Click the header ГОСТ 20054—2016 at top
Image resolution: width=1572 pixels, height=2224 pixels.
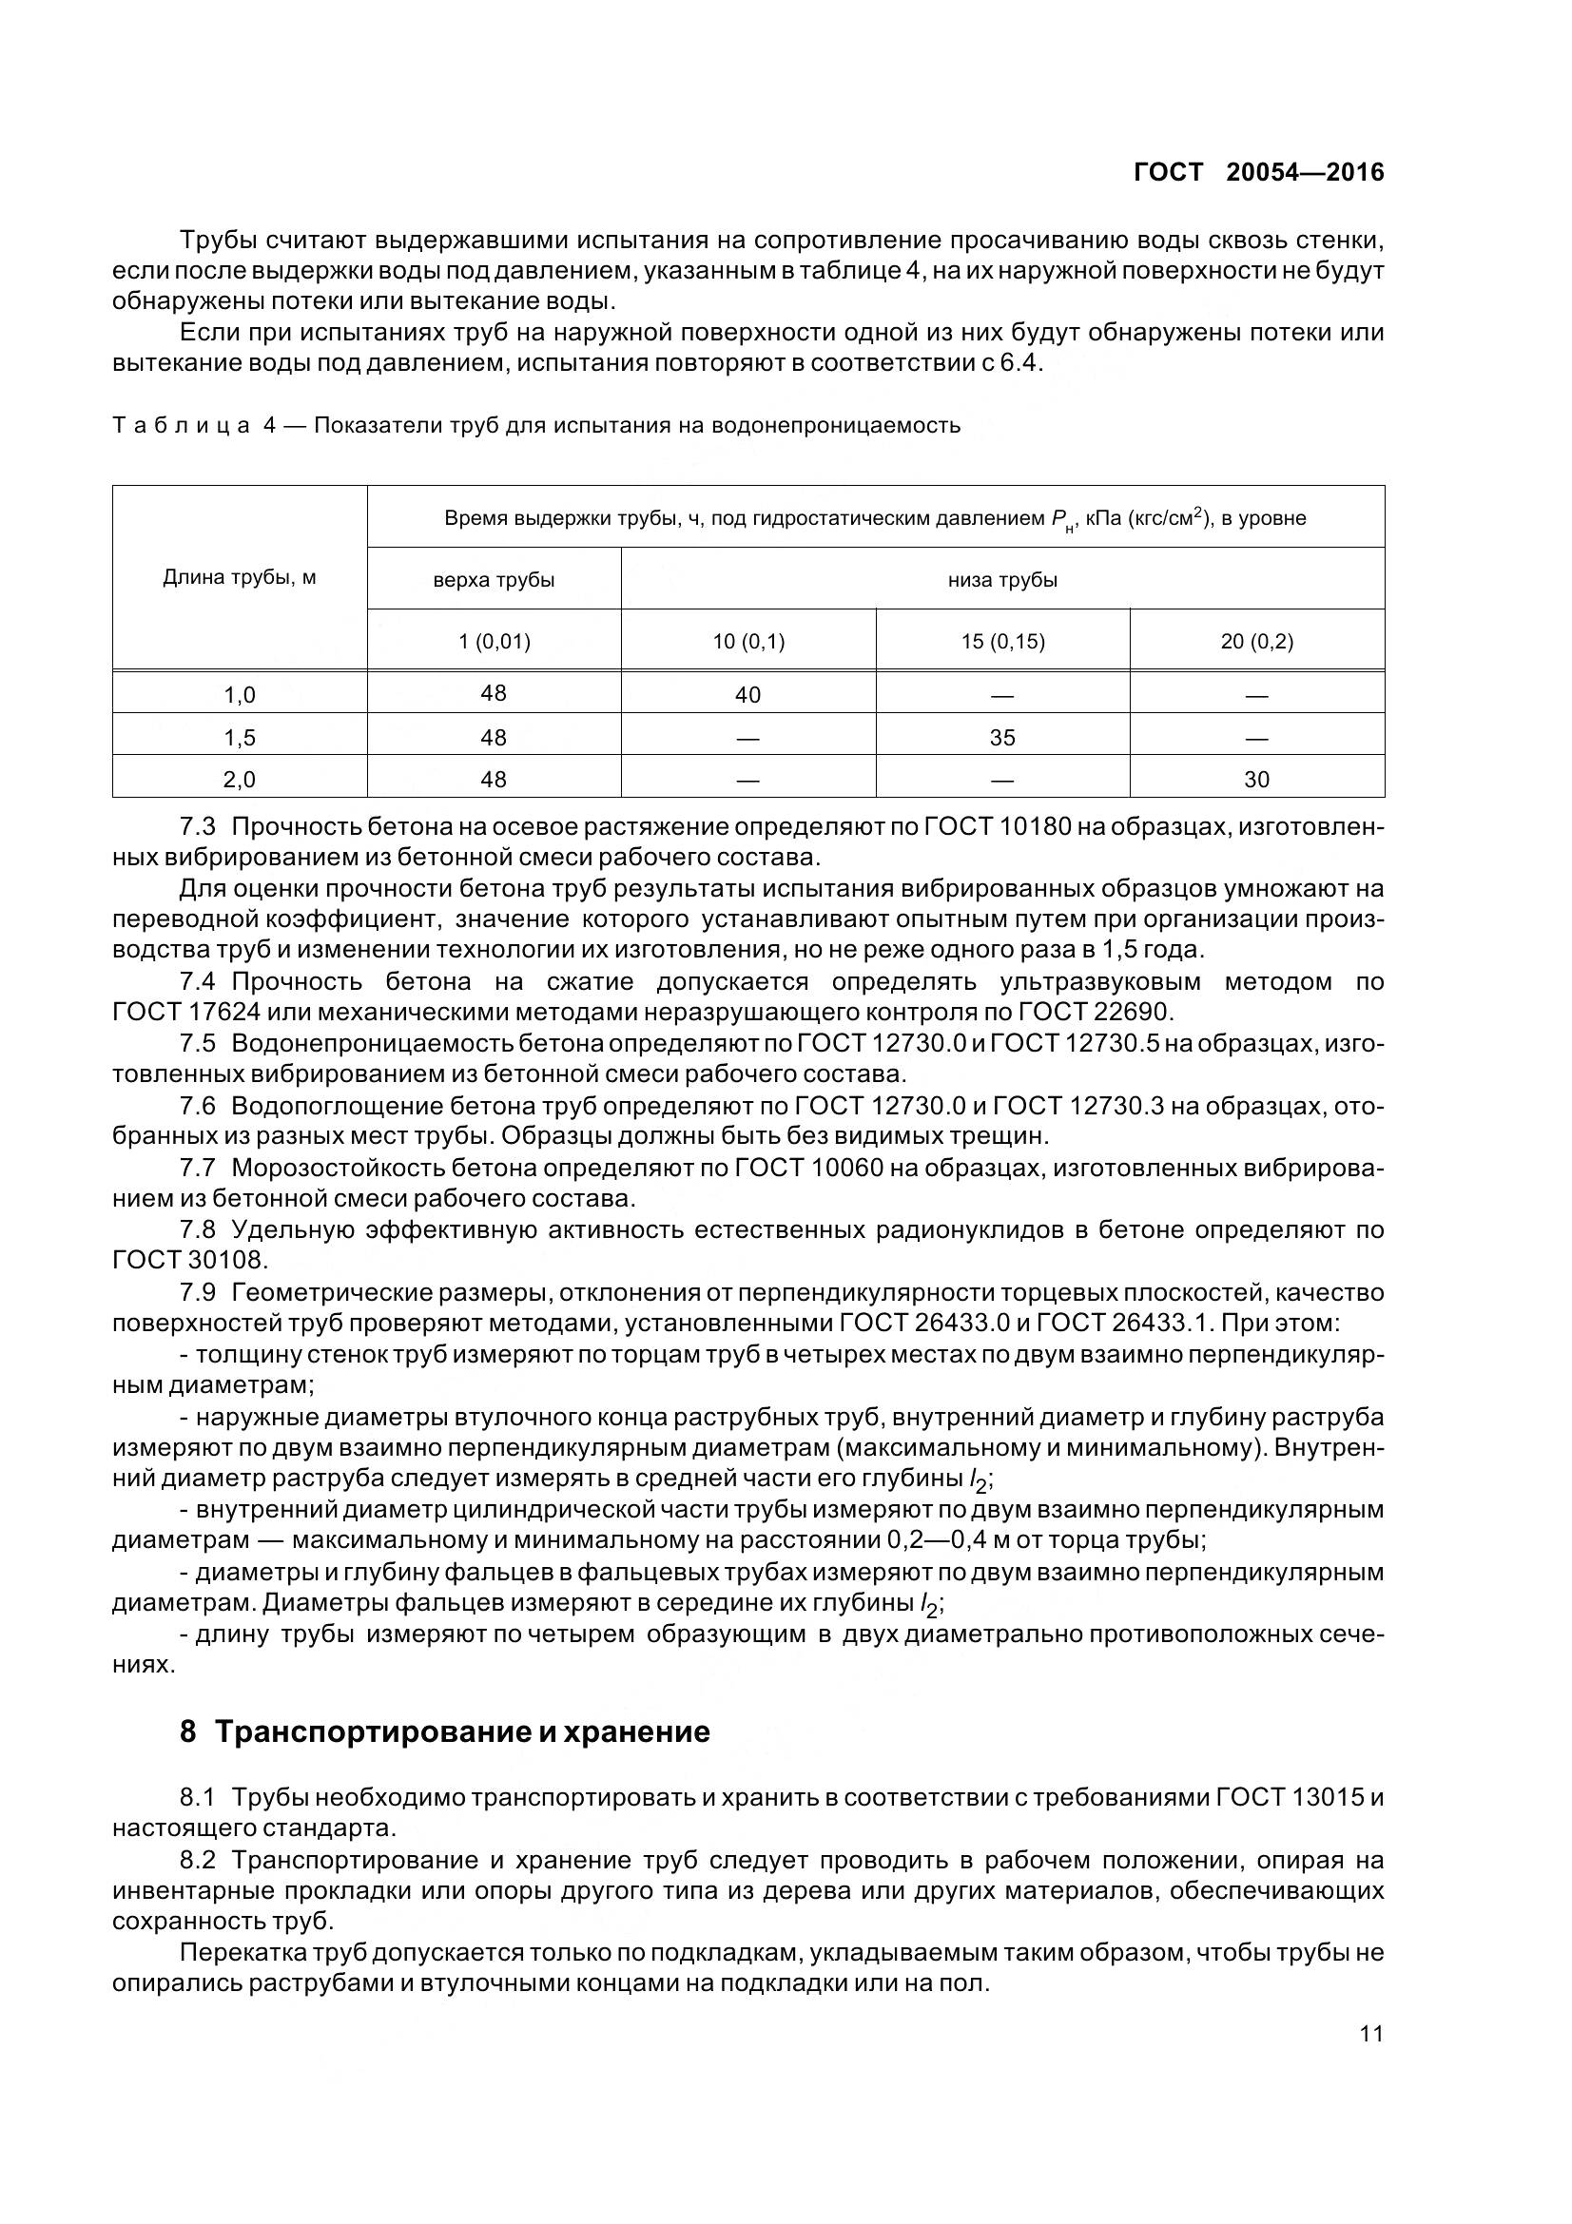(x=1258, y=172)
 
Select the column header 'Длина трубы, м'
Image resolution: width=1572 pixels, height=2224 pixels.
(x=240, y=578)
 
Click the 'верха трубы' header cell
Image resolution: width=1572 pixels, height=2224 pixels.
(x=493, y=580)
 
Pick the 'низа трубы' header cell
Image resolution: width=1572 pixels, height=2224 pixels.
(x=1001, y=580)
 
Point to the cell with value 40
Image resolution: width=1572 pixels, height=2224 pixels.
(x=747, y=694)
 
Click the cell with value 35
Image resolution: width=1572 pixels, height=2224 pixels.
(x=1001, y=737)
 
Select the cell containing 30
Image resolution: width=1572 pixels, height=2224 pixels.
(x=1256, y=779)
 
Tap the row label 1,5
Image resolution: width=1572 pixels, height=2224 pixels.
(x=240, y=737)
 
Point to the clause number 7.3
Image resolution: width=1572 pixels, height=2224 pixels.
(x=199, y=826)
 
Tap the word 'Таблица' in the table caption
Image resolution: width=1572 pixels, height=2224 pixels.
(x=181, y=425)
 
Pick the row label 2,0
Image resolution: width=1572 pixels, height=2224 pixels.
(x=240, y=779)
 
